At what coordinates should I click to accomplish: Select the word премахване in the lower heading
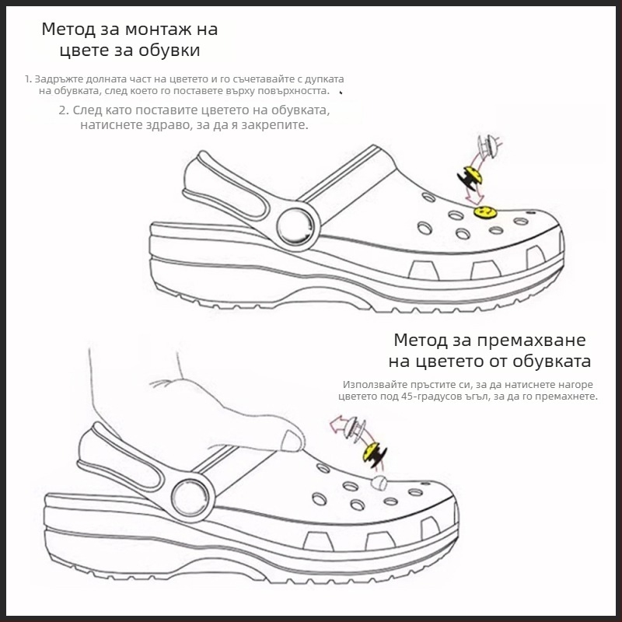point(531,341)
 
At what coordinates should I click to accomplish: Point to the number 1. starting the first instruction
point(28,79)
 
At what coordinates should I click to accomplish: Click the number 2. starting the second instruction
point(64,110)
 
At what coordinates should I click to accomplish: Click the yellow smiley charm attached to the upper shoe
point(485,212)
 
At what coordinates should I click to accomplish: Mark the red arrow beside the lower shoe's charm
point(338,425)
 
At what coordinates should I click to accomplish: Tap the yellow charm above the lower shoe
point(374,454)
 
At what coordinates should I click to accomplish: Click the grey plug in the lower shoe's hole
point(379,482)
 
